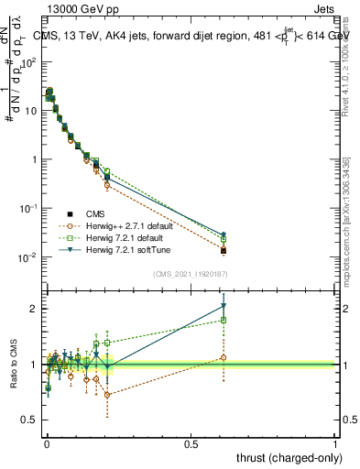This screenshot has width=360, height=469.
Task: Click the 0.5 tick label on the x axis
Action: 191,443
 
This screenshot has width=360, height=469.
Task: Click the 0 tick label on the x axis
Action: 47,443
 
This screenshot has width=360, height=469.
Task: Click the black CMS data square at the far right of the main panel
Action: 224,250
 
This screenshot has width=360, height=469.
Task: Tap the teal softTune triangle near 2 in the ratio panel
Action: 224,306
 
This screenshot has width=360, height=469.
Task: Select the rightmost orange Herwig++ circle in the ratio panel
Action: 224,358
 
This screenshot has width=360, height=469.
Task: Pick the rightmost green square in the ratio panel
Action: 224,320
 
